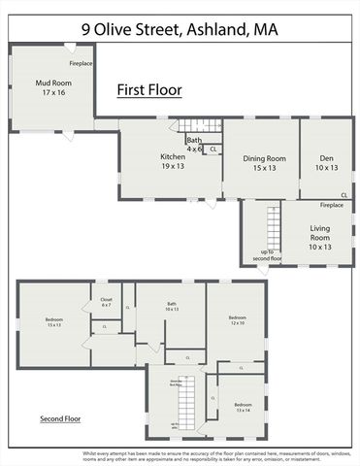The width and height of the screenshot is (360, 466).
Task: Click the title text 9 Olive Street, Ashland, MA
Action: pyautogui.click(x=180, y=30)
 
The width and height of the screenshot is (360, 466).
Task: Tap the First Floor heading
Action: pyautogui.click(x=149, y=90)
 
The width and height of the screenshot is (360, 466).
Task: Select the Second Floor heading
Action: pyautogui.click(x=60, y=419)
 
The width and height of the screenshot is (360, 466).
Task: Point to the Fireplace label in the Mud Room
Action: pyautogui.click(x=82, y=63)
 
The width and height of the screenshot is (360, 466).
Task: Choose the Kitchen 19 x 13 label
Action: pyautogui.click(x=173, y=161)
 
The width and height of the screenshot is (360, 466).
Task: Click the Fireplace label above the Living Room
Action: pyautogui.click(x=332, y=206)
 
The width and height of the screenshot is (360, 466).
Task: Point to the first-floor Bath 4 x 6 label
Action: pyautogui.click(x=194, y=145)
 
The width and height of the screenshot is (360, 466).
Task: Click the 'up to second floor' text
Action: pyautogui.click(x=267, y=255)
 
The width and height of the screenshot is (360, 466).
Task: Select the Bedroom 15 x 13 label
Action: pyautogui.click(x=53, y=321)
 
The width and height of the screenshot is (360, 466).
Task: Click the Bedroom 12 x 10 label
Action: pyautogui.click(x=238, y=319)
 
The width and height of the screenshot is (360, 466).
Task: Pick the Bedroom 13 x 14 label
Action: pyautogui.click(x=242, y=407)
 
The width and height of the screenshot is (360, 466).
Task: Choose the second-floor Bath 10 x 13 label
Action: pyautogui.click(x=172, y=307)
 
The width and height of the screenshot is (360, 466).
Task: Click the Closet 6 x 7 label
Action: pyautogui.click(x=106, y=302)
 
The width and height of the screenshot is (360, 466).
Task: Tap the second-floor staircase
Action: pyautogui.click(x=191, y=399)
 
